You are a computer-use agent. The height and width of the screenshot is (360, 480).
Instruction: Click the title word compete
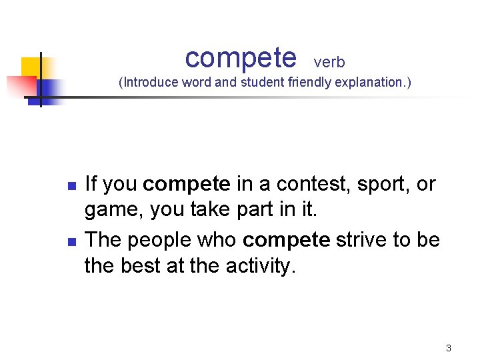tap(240, 58)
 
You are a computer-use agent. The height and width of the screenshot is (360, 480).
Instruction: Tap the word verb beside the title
tap(329, 63)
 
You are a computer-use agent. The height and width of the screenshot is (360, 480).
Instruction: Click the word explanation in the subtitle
tap(373, 83)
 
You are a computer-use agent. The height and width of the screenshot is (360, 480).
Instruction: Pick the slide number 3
tap(449, 348)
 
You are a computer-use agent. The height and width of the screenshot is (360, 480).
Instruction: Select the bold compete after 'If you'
tap(187, 184)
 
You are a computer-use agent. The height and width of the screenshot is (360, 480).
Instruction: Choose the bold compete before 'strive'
tap(287, 239)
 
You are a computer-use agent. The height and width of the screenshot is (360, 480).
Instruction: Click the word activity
tap(257, 267)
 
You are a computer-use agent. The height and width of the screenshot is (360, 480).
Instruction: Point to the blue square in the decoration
tap(48, 89)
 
